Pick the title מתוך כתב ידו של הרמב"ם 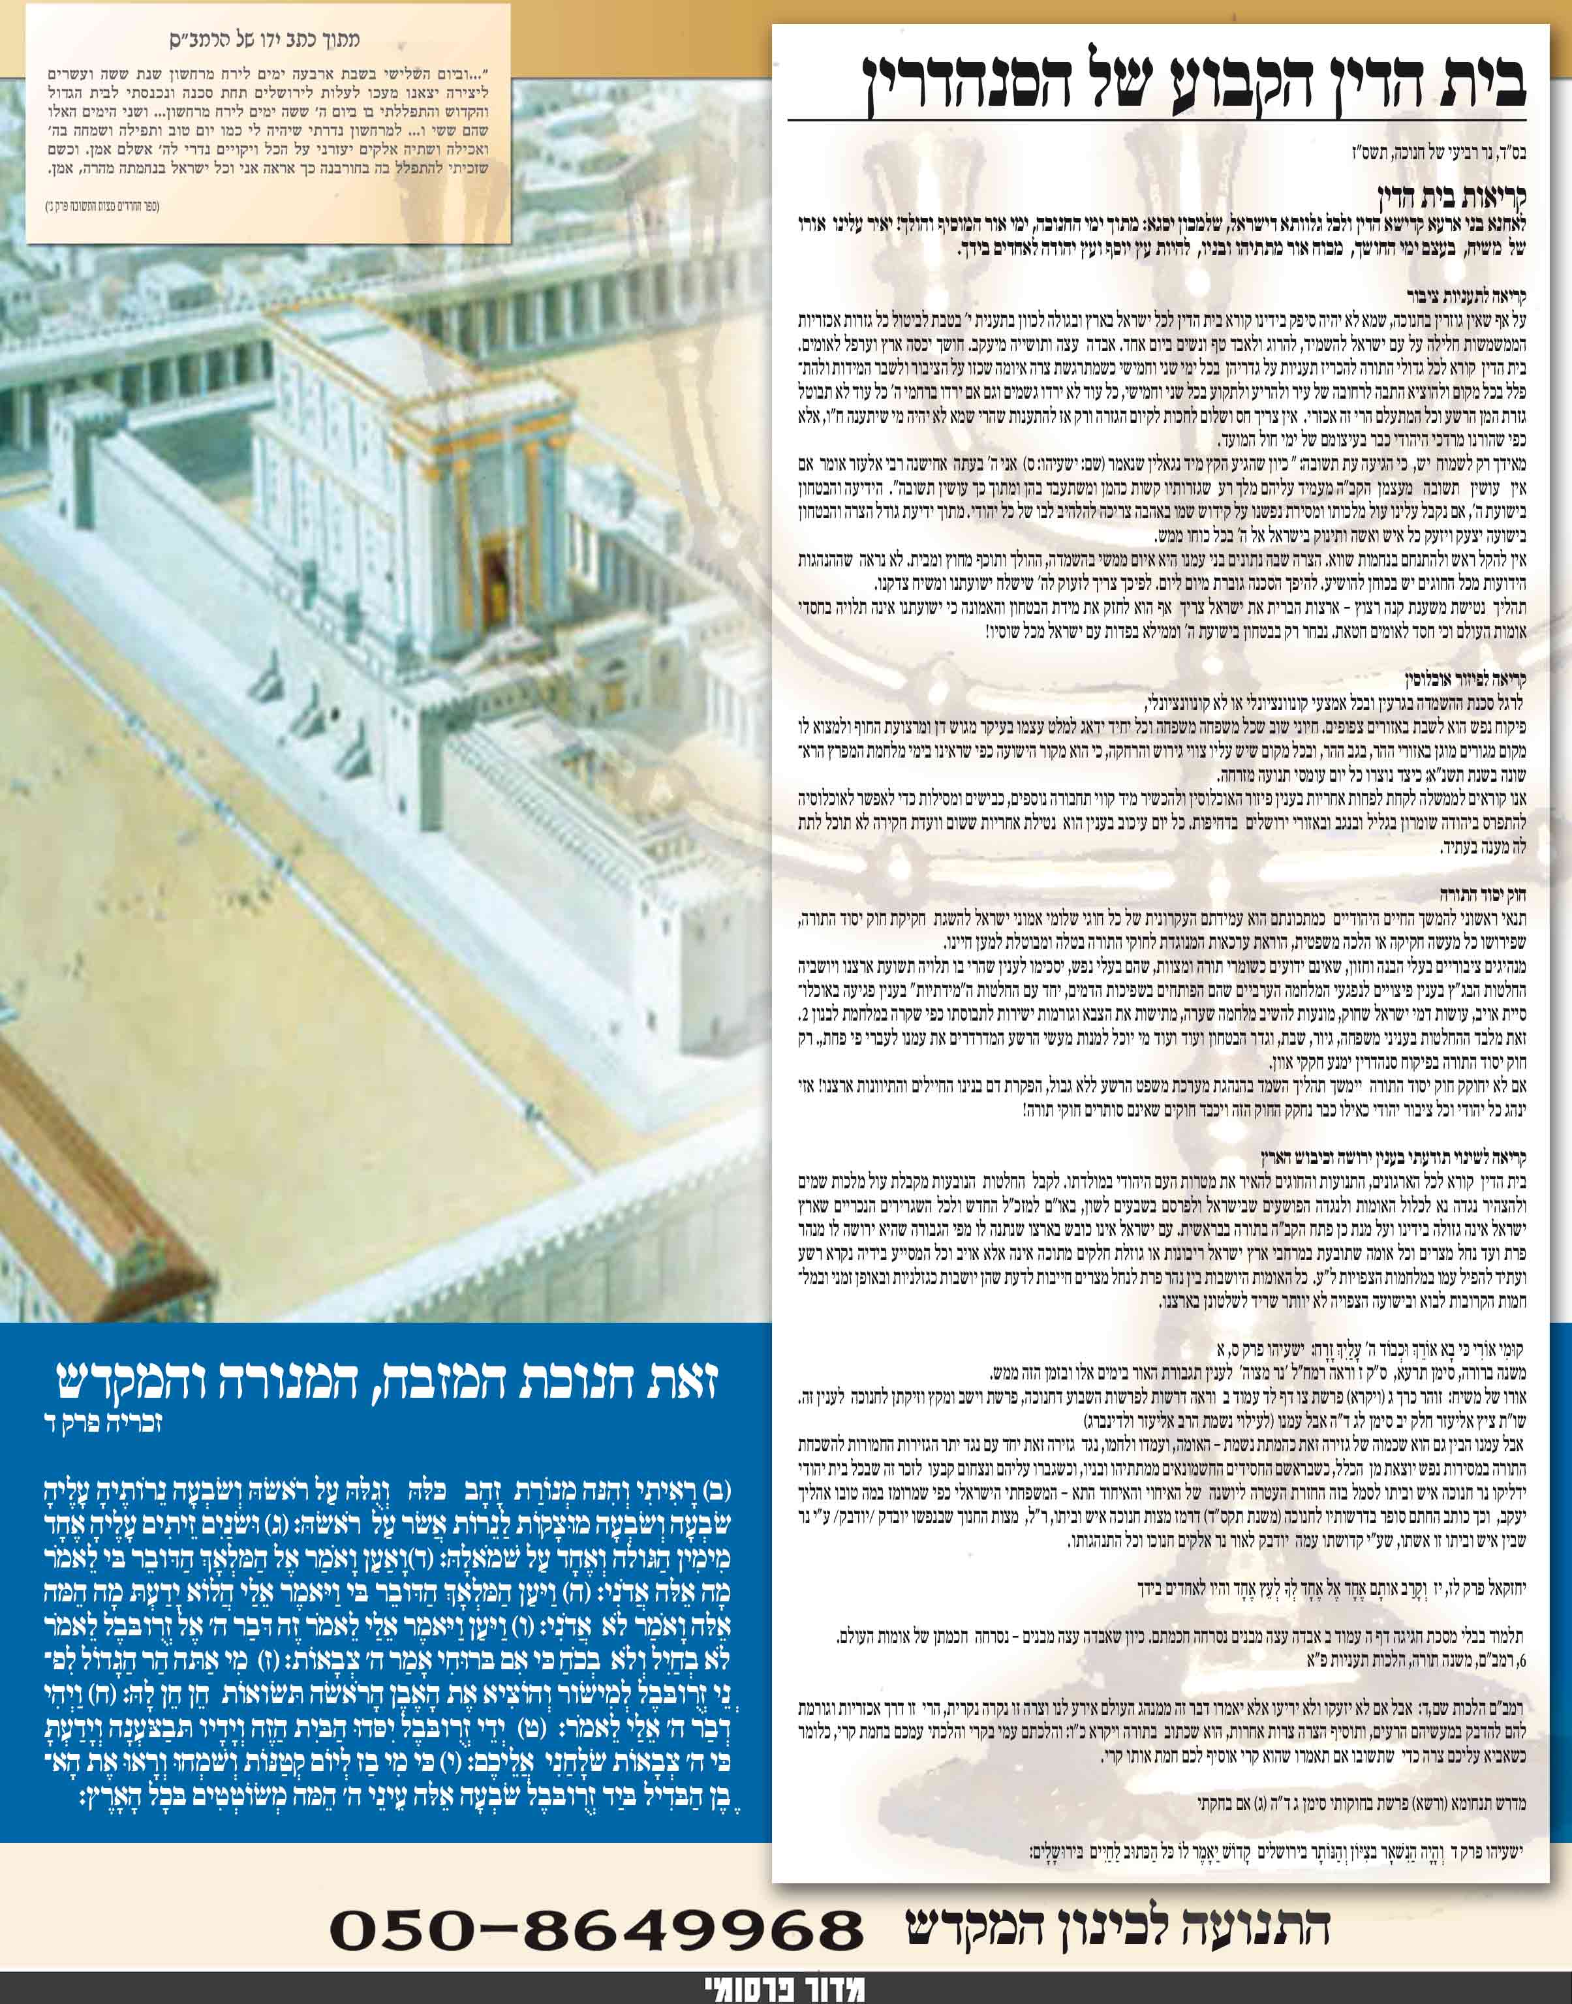(x=265, y=40)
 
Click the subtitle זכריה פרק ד (x=663, y=1425)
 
